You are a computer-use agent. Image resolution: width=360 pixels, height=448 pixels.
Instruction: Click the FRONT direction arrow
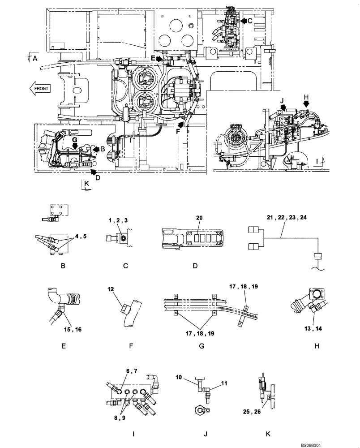[42, 88]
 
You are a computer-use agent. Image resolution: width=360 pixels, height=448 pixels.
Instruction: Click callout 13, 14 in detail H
[313, 328]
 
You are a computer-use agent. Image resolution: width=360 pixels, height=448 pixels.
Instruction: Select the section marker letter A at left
[35, 58]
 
